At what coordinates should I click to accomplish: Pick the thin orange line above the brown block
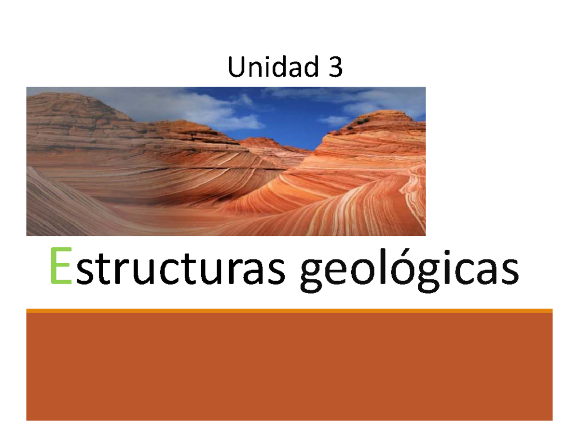[x=289, y=311]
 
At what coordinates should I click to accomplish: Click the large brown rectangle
[x=289, y=366]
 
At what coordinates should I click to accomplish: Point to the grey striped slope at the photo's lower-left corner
[x=53, y=207]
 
